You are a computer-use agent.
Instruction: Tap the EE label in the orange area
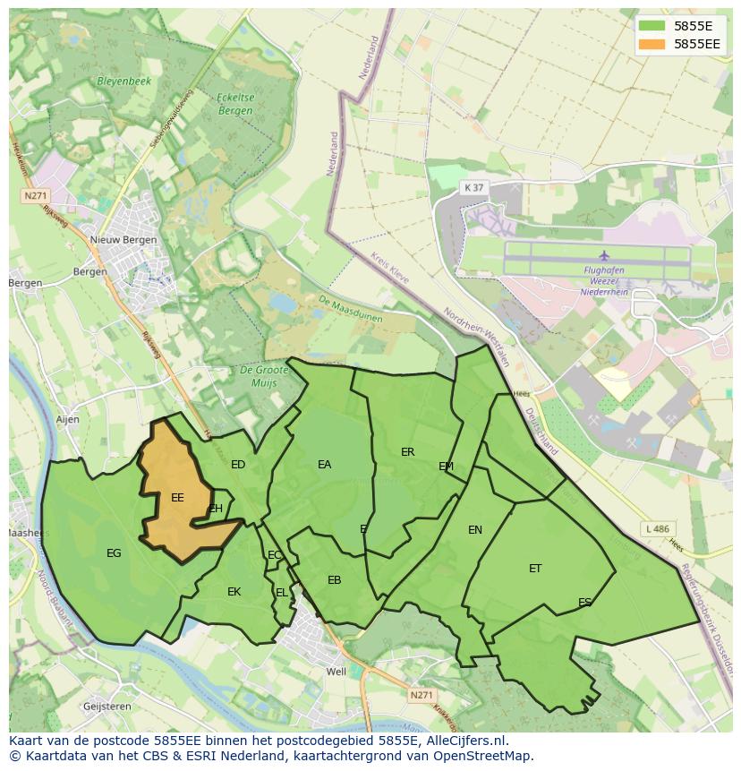coord(177,498)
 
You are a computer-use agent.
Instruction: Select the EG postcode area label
coord(114,553)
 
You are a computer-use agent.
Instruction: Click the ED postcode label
coord(238,465)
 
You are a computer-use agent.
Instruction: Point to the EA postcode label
coord(324,465)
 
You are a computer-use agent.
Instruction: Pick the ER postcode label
coord(408,452)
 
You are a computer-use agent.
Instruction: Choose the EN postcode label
coord(475,530)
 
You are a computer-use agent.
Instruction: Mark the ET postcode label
coord(535,569)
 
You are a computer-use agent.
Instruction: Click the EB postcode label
coord(334,580)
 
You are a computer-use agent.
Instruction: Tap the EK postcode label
coord(234,592)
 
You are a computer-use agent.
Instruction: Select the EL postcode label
coord(282,593)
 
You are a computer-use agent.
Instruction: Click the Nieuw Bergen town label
coord(123,240)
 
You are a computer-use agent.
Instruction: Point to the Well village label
coord(336,672)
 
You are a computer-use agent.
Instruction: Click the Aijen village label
coord(67,419)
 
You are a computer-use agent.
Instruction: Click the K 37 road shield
coord(473,187)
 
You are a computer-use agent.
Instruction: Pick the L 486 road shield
coord(657,530)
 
